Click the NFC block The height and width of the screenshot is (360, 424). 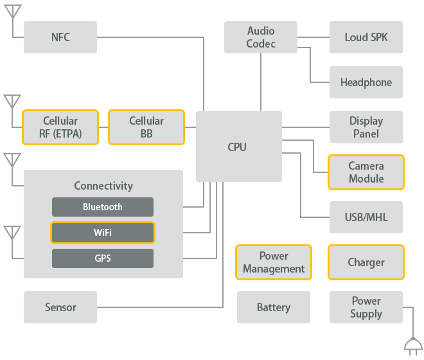60,37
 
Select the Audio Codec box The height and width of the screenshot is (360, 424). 261,37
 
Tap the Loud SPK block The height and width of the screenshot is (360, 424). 366,37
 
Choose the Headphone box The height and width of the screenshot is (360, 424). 366,82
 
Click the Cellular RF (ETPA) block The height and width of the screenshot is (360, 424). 60,127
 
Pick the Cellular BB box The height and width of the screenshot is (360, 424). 146,127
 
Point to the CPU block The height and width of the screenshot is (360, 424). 238,147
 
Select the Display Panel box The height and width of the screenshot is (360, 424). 366,127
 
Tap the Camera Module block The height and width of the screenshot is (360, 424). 366,172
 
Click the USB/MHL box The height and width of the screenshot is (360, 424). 366,217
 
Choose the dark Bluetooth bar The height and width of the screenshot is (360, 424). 103,207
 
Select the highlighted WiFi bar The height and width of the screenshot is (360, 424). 103,233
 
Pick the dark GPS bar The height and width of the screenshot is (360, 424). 103,258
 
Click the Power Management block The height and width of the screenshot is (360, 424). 274,262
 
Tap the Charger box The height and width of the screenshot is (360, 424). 366,262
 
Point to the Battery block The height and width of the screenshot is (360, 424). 274,307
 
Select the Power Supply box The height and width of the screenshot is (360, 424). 366,307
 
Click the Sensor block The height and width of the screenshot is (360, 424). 60,307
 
